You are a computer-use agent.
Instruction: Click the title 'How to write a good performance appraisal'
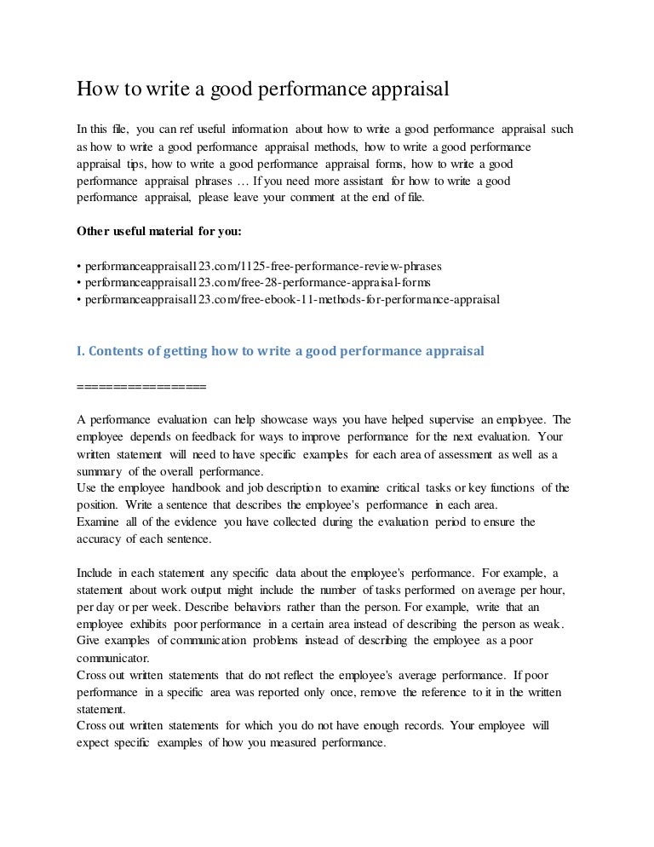pyautogui.click(x=263, y=89)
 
